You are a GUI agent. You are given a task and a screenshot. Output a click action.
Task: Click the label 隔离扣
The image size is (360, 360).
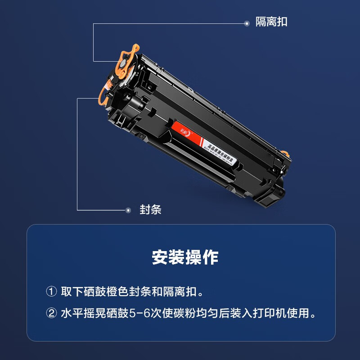point(271,22)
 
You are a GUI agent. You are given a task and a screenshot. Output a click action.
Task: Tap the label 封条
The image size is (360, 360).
point(150,210)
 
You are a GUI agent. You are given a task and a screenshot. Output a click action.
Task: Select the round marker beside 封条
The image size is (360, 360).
point(128,210)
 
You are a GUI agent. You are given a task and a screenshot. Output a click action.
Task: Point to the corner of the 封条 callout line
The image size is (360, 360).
point(77,210)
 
